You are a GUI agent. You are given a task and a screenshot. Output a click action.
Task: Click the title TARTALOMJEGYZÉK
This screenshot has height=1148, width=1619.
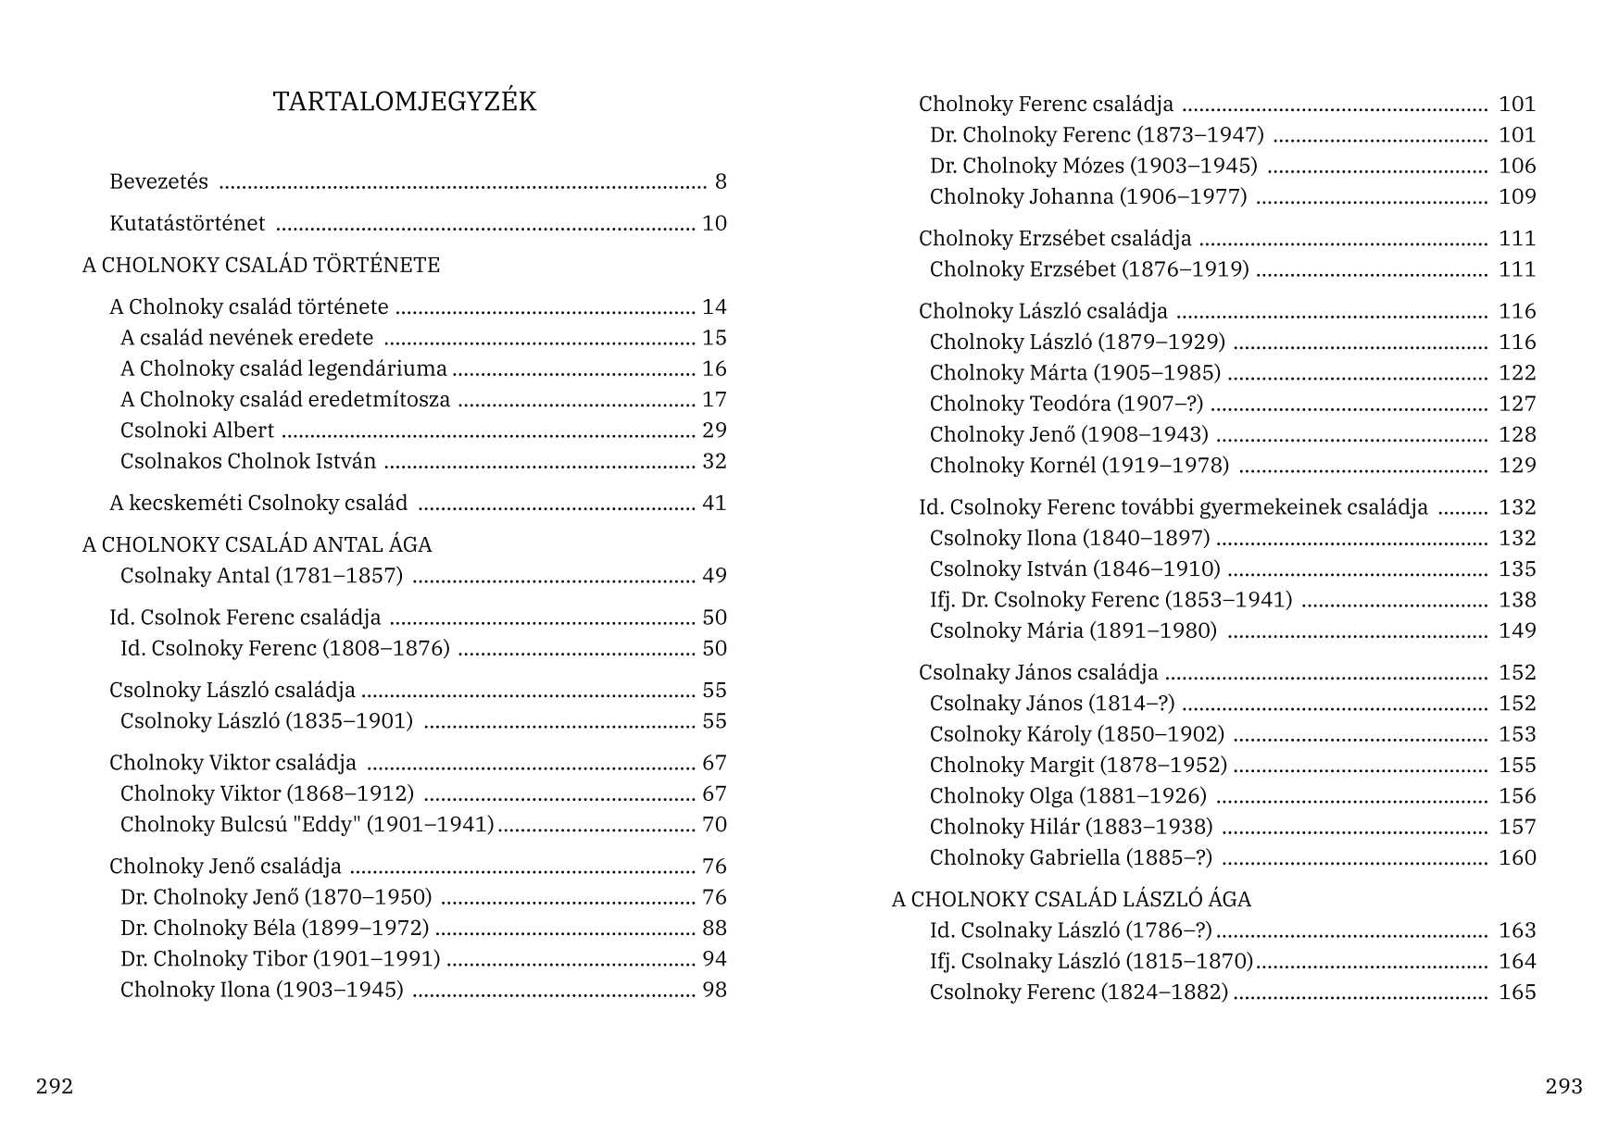tap(405, 102)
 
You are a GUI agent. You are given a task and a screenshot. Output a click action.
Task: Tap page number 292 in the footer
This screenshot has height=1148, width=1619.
tap(55, 1086)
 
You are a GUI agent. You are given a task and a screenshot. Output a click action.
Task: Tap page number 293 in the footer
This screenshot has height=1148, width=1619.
tap(1563, 1086)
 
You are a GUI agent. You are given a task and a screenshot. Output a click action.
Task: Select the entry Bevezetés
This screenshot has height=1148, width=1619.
tap(159, 181)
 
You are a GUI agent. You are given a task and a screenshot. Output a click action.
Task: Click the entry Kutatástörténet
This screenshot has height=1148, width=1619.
tap(187, 223)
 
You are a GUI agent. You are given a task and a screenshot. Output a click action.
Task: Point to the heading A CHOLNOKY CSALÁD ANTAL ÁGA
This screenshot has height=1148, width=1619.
tap(257, 544)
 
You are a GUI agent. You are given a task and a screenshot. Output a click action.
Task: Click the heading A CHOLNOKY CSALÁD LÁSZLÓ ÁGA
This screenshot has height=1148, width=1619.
tap(1072, 899)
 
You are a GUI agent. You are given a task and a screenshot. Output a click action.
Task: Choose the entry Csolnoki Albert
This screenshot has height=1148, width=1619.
tap(197, 430)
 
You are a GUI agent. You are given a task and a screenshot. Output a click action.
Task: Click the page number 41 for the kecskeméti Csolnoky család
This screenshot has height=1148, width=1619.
tap(714, 504)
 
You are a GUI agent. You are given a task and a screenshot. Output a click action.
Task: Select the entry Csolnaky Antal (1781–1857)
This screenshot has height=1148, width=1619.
tap(262, 576)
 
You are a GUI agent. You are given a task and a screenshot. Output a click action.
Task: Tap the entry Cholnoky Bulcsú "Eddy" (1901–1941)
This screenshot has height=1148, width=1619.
tap(307, 825)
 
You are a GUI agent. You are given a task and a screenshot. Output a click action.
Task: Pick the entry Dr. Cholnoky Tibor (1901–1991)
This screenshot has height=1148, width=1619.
tap(281, 959)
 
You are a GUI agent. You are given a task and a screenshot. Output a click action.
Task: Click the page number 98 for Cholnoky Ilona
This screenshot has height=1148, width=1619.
tap(714, 990)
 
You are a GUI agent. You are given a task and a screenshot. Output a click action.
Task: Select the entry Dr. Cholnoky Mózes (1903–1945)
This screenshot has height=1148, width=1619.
tap(1094, 166)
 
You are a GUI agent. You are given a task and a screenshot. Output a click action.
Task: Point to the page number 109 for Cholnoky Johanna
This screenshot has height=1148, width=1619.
tap(1517, 197)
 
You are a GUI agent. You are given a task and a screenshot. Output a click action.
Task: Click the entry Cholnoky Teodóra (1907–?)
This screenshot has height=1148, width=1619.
tap(1067, 405)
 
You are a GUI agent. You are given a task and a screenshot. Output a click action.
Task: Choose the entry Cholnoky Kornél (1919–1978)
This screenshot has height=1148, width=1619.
tap(1080, 466)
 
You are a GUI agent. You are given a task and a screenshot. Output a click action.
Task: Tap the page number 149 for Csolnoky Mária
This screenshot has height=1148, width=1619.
tap(1517, 630)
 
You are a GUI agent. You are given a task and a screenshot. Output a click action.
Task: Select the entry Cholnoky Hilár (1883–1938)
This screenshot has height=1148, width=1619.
tap(1072, 827)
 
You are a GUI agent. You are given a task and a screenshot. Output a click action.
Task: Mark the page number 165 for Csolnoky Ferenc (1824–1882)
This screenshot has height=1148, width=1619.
tap(1517, 992)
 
